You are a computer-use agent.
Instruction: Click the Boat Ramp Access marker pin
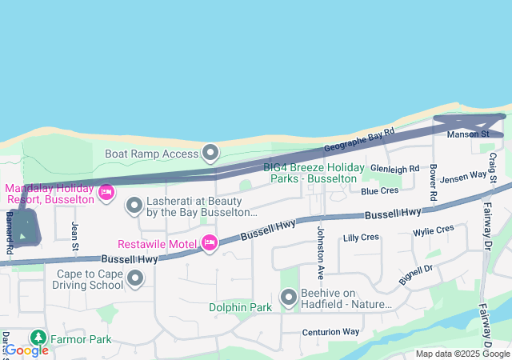tap(210, 151)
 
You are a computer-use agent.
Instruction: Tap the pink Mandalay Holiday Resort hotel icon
tap(106, 192)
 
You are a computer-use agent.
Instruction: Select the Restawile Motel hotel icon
tap(210, 242)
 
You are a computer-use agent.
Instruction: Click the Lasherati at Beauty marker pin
tap(134, 206)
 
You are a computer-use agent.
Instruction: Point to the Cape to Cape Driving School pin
tap(135, 278)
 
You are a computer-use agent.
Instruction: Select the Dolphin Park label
tap(241, 306)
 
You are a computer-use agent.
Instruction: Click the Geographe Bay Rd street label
tap(360, 141)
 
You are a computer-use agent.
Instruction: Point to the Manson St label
tap(468, 134)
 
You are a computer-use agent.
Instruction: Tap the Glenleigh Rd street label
tap(394, 169)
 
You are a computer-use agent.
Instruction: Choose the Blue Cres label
tap(379, 190)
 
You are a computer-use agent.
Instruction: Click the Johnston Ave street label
tap(321, 253)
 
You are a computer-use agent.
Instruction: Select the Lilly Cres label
tap(360, 238)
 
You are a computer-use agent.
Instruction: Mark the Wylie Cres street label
tap(433, 231)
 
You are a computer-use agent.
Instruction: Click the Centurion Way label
tap(330, 332)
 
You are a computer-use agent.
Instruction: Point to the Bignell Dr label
tap(415, 275)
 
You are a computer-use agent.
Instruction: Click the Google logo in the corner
tap(26, 350)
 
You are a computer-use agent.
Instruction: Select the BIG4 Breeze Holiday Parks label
tap(314, 173)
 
